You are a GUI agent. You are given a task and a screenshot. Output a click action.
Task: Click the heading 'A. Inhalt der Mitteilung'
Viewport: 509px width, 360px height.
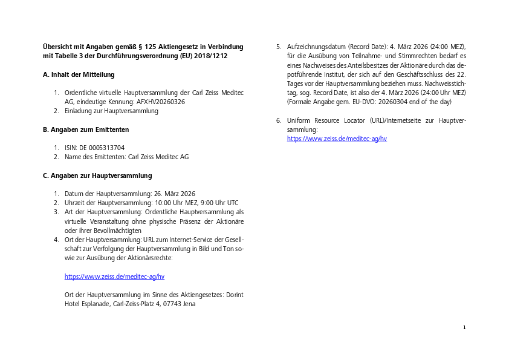pyautogui.click(x=79, y=74)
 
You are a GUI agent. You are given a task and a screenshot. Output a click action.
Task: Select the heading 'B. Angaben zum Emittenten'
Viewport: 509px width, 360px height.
pyautogui.click(x=85, y=129)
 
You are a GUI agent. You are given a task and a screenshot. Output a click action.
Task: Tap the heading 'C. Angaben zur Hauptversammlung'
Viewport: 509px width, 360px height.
pyautogui.click(x=97, y=175)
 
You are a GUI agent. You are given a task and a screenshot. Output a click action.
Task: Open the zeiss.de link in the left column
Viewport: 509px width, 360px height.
pyautogui.click(x=114, y=277)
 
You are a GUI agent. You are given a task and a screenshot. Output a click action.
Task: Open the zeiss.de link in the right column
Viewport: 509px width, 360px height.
pyautogui.click(x=337, y=139)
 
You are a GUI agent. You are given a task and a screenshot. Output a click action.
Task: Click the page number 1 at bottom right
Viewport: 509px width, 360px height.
pyautogui.click(x=464, y=327)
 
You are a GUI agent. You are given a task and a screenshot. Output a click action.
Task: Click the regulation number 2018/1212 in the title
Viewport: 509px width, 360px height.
pyautogui.click(x=210, y=56)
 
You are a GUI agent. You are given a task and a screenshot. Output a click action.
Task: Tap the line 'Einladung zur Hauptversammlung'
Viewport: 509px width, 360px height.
pyautogui.click(x=111, y=111)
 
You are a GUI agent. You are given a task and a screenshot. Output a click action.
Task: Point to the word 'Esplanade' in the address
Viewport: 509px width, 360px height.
pyautogui.click(x=97, y=304)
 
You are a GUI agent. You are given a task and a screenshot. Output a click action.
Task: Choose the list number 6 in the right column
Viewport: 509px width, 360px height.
pyautogui.click(x=278, y=120)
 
